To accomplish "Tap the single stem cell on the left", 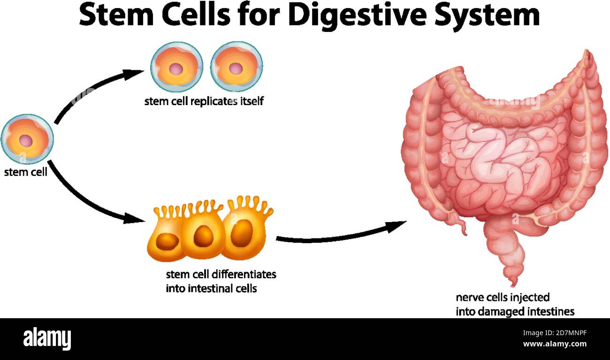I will [27, 139].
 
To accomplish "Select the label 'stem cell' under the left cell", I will [26, 172].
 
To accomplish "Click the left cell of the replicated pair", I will [176, 67].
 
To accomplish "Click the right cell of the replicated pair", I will [236, 67].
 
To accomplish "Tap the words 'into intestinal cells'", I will [211, 288].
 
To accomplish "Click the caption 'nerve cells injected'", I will [503, 298].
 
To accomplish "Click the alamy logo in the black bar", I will [47, 338].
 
